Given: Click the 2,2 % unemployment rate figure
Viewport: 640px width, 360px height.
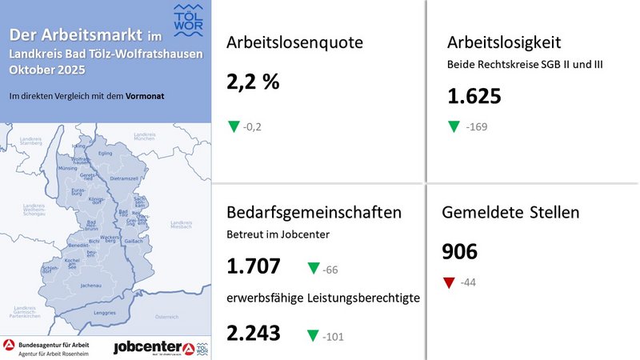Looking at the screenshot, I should (x=253, y=81).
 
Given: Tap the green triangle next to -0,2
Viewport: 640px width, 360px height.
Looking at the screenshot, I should (x=234, y=126).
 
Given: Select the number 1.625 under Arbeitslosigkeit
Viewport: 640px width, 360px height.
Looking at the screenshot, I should (x=474, y=96).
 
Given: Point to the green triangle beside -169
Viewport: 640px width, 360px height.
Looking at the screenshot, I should (x=454, y=126).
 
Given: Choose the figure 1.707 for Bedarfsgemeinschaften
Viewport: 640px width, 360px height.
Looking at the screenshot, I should (x=254, y=266).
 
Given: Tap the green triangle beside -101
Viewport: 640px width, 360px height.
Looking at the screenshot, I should (x=313, y=336).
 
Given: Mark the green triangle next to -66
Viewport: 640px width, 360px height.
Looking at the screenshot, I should (x=313, y=269).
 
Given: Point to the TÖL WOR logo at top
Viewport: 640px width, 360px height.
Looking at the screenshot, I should (x=188, y=19).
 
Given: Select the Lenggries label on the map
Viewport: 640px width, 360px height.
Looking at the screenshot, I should (x=105, y=313).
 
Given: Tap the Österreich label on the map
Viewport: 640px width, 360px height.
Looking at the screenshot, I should (x=166, y=317).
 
